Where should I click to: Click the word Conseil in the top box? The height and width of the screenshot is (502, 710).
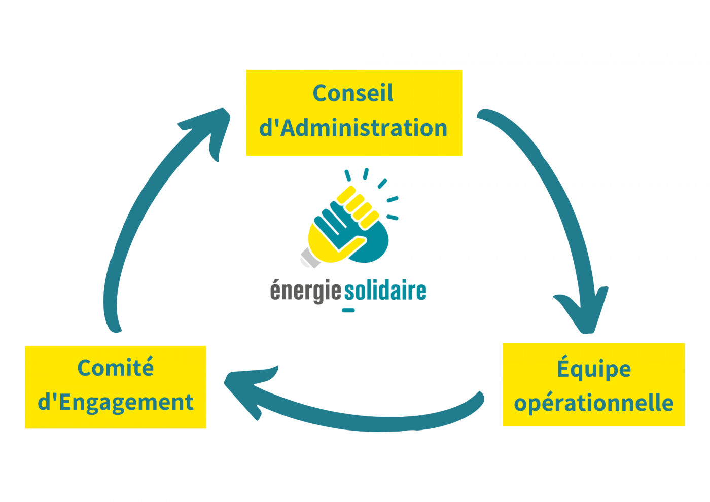click(353, 94)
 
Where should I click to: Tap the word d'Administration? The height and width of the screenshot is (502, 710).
click(353, 128)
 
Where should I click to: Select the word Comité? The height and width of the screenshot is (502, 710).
click(116, 368)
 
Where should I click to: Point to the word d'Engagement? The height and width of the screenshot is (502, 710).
click(116, 403)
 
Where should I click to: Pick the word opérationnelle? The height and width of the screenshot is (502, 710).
click(593, 403)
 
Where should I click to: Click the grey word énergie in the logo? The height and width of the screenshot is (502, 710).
click(305, 291)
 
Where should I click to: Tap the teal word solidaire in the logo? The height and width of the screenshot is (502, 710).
click(385, 291)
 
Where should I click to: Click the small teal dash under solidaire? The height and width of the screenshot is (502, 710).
click(348, 310)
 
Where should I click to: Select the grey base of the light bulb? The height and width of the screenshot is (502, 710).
click(310, 257)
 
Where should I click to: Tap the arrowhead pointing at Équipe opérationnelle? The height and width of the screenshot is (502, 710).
click(586, 312)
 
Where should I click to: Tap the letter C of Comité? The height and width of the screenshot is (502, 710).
click(85, 368)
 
